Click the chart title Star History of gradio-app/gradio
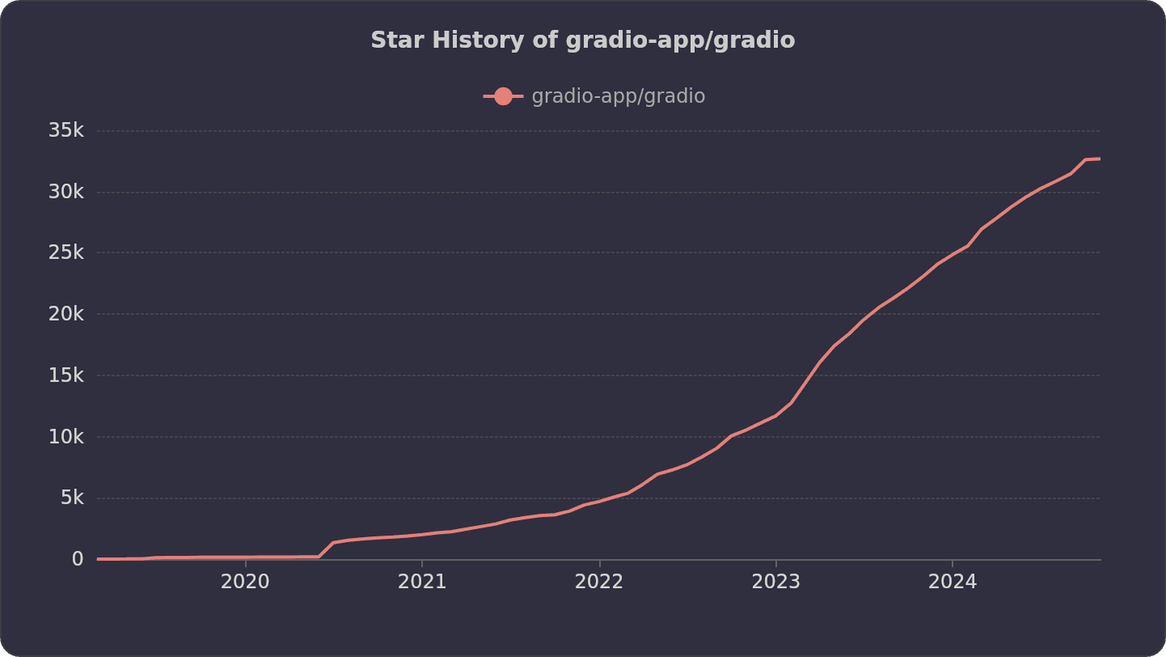(582, 41)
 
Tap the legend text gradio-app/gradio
(618, 96)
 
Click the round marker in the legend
(503, 96)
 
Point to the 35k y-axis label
(66, 130)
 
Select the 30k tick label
(66, 192)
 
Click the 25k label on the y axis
(66, 253)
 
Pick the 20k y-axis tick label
(66, 314)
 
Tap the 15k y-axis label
(66, 376)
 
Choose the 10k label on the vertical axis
(66, 437)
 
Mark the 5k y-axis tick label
(71, 498)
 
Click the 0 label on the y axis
(78, 559)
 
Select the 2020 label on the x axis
(245, 582)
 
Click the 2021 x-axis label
(422, 582)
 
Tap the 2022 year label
(598, 582)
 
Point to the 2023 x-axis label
(776, 582)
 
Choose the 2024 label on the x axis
(952, 582)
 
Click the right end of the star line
(1099, 159)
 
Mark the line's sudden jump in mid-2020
(326, 549)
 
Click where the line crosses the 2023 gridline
(776, 416)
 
